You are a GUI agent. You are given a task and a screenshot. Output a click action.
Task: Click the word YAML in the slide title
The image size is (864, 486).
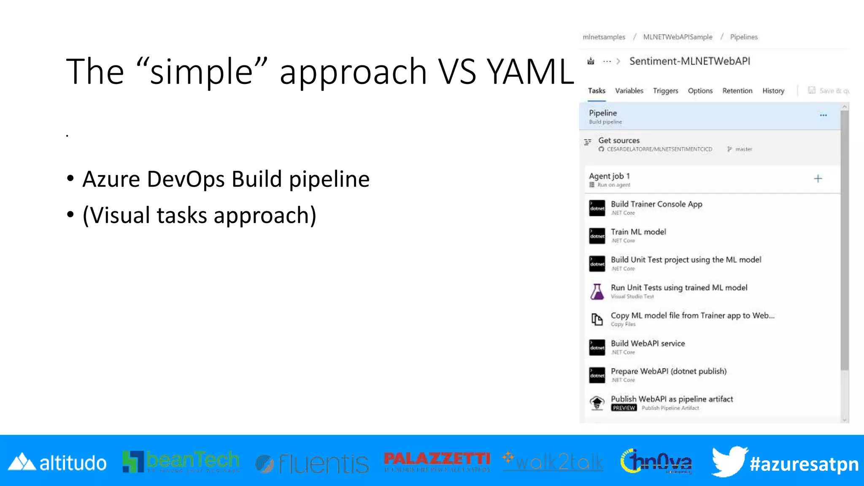[530, 72]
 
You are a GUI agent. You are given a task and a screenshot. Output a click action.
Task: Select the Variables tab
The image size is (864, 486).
[629, 91]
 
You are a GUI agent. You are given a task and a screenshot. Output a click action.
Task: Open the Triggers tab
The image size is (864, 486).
[665, 91]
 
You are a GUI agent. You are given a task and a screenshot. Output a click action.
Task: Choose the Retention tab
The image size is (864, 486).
[737, 91]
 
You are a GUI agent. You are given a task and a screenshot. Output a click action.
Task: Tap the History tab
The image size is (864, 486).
[773, 91]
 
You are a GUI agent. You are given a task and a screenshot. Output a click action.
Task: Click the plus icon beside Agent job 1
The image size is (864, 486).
[818, 179]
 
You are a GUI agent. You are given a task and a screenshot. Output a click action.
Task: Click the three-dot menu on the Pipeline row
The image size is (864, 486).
[823, 115]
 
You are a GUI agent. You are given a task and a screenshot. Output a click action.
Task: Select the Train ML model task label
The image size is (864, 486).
[638, 232]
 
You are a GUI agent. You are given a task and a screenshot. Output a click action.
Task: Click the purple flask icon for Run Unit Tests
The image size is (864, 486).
[597, 292]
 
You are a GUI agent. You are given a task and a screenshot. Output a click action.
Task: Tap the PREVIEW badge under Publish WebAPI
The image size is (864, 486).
[624, 408]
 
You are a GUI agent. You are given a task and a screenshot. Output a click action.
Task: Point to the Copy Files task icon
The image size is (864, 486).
[597, 319]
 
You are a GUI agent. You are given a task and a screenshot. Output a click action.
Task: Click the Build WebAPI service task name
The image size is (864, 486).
[648, 343]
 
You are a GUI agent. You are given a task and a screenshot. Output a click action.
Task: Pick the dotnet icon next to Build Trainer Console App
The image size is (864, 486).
[597, 208]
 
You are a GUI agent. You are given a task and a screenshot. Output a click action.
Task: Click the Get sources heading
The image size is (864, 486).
[618, 140]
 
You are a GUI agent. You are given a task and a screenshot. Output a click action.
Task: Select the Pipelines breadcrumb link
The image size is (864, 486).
[743, 37]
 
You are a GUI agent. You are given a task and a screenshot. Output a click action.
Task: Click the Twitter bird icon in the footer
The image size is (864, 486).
[729, 462]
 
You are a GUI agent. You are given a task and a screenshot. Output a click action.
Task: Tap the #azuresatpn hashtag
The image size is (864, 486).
[804, 464]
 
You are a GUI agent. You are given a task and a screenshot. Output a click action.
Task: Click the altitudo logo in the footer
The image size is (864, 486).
[58, 463]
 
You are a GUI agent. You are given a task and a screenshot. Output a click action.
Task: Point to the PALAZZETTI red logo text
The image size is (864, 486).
[437, 459]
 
